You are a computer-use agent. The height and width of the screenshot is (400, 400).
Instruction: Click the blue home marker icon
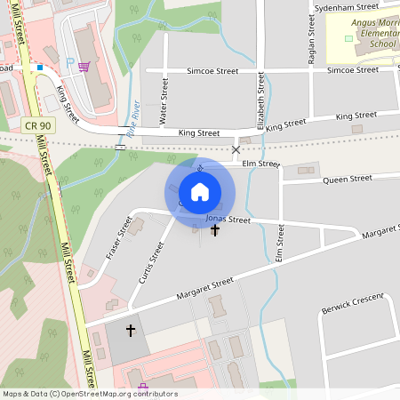200,191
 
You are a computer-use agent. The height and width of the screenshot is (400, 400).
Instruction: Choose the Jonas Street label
228,219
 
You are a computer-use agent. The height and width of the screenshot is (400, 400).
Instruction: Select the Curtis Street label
152,263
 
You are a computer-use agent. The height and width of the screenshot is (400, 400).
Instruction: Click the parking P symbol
70,63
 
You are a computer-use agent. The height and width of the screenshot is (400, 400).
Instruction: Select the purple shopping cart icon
84,66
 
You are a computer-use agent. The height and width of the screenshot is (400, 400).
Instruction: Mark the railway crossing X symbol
236,150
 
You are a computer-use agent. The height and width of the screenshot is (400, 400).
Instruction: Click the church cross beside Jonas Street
214,231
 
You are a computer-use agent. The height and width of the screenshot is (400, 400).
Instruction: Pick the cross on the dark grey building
131,331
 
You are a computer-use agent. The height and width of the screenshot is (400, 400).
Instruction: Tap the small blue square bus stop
39,67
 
